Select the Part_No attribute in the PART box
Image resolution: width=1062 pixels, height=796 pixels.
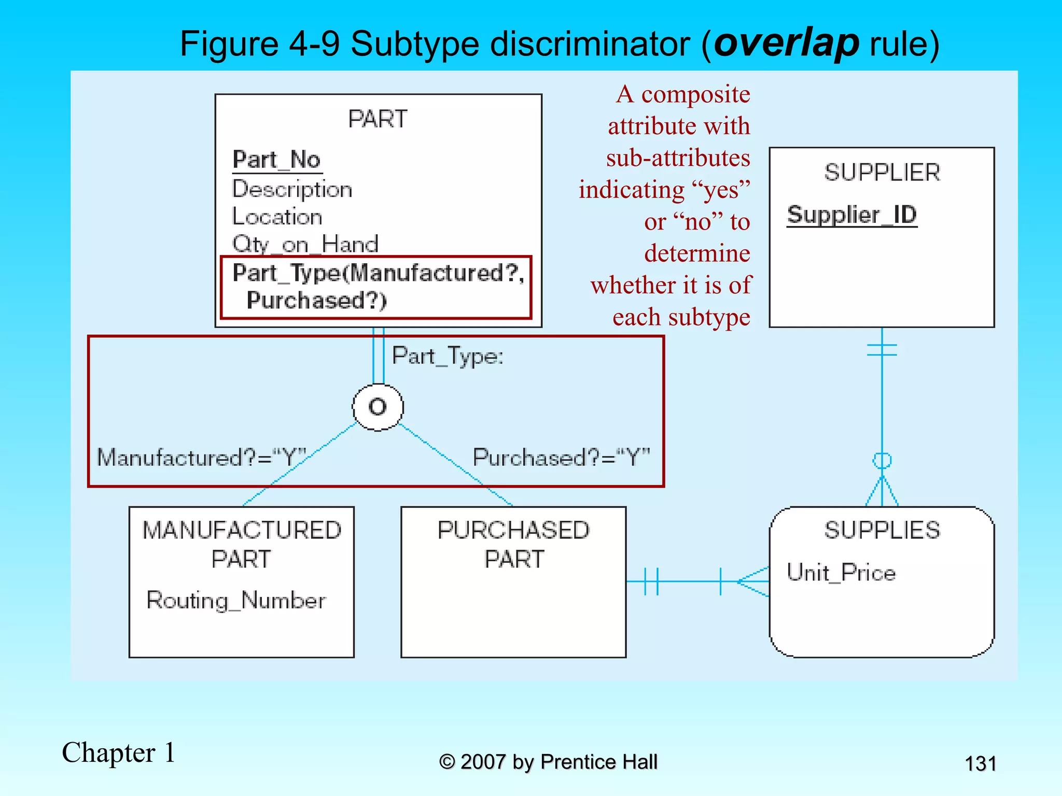pos(277,160)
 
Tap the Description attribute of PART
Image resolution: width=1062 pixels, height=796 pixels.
pos(292,189)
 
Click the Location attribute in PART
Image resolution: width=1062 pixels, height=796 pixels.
pos(277,217)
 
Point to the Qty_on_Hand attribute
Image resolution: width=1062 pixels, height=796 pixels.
pos(305,244)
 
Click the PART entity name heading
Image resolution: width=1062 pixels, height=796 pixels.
pos(378,119)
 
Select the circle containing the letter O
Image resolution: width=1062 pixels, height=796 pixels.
pos(378,407)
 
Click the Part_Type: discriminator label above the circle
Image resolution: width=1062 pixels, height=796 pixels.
pos(448,356)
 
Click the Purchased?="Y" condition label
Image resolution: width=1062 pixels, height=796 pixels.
pos(561,458)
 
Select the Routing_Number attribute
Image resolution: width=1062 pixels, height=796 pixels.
pos(236,600)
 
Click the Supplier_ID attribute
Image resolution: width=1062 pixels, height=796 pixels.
pos(852,215)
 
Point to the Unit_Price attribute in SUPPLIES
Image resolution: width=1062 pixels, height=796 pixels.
pos(841,573)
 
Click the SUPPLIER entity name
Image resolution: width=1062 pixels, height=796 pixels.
pos(882,173)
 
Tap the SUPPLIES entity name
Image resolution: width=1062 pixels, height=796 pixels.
pos(882,530)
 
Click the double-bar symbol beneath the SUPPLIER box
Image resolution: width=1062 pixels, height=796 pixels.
pos(882,350)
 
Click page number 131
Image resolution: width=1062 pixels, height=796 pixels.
pos(980,764)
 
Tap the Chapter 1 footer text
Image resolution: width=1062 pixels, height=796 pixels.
pos(119,752)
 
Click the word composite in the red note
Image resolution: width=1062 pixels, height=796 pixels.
pos(695,94)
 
